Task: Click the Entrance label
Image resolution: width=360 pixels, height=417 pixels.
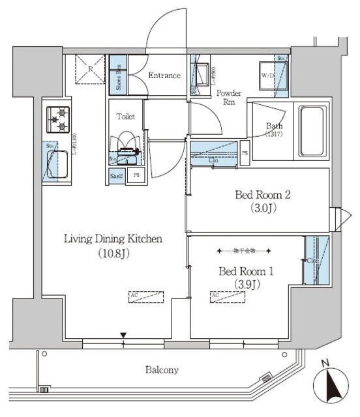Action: [x=164, y=76]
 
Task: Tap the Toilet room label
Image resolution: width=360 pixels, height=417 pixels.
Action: [x=126, y=117]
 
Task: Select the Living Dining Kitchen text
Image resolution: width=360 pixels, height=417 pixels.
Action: [x=112, y=239]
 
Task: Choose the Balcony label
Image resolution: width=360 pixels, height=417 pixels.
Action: [x=162, y=370]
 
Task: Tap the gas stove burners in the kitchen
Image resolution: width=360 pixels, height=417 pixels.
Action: [x=59, y=119]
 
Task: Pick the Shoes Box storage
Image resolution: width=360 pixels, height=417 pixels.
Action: [x=117, y=76]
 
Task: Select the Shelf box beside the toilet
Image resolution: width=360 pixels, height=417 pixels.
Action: [x=116, y=176]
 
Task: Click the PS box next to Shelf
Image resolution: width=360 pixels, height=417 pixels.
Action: [x=136, y=176]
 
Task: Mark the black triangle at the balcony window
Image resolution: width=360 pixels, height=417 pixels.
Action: [x=123, y=336]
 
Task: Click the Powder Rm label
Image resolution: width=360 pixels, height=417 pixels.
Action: [x=228, y=97]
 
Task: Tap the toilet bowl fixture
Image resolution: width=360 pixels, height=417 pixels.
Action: [x=125, y=147]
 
